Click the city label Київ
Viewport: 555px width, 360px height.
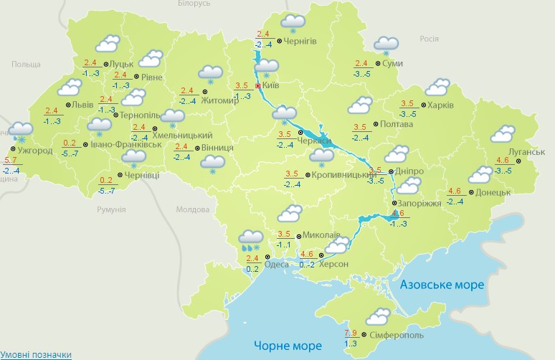coord(271,85)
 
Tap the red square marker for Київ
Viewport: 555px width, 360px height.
coord(258,85)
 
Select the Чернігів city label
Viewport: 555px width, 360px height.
coord(300,42)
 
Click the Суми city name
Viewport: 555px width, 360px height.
coord(392,64)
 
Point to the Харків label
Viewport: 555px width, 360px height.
coord(440,105)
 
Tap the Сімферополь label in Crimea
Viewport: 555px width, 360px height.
coord(396,335)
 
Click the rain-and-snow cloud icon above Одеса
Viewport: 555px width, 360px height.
coord(250,239)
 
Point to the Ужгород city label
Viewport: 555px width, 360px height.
coord(34,151)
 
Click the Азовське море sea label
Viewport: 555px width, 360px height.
coord(442,285)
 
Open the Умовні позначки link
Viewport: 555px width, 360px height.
coord(36,355)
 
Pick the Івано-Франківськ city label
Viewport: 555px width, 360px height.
coord(125,145)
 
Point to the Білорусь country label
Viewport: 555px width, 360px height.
coord(194,4)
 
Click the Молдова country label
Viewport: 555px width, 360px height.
coord(191,210)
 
